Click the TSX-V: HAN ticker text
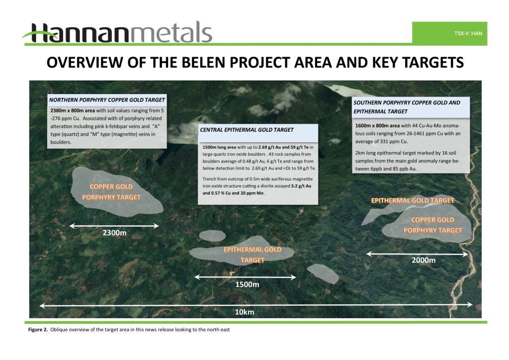(x=468, y=33)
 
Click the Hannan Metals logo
(x=117, y=33)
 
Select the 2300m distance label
(x=115, y=233)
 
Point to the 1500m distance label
(x=247, y=284)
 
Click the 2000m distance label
(x=424, y=260)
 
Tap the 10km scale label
(x=245, y=312)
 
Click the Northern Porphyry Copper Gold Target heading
(x=107, y=100)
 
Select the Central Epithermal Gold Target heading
(x=247, y=130)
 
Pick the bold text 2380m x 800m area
(x=73, y=110)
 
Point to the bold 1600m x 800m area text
(x=378, y=126)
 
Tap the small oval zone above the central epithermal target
(x=212, y=235)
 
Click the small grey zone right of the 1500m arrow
(x=323, y=273)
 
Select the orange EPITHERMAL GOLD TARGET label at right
(x=413, y=200)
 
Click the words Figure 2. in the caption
(x=38, y=330)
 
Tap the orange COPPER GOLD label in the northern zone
(x=111, y=186)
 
